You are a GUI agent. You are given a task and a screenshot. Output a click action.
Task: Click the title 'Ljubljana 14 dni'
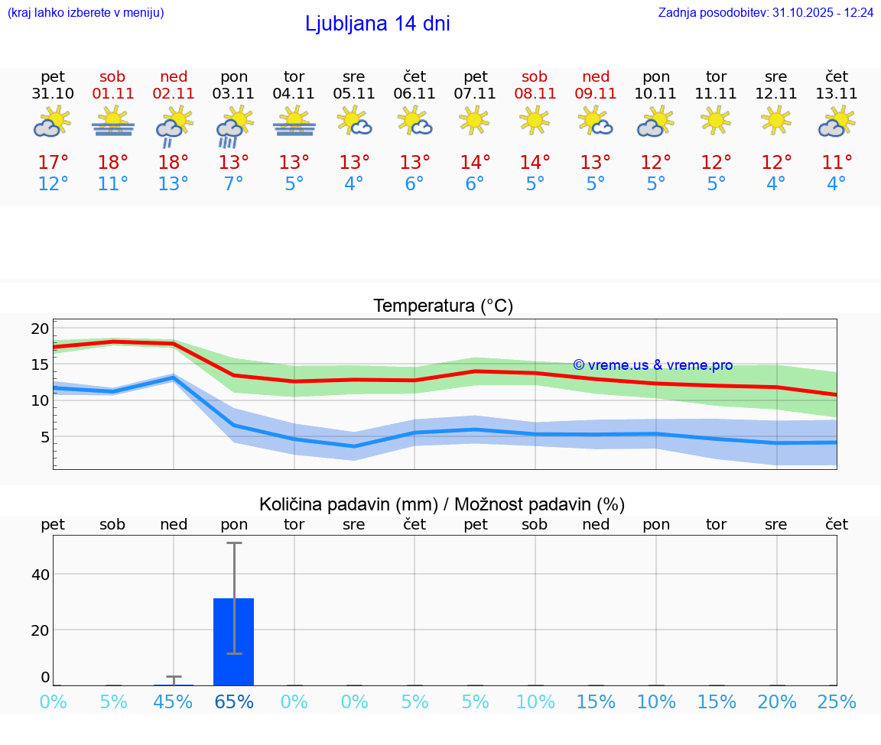pyautogui.click(x=377, y=24)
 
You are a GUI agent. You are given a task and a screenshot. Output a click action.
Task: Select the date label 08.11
pyautogui.click(x=535, y=94)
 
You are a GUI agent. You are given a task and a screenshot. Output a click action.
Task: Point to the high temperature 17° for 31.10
pyautogui.click(x=53, y=163)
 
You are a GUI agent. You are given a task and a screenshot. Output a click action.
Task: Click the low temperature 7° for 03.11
pyautogui.click(x=234, y=184)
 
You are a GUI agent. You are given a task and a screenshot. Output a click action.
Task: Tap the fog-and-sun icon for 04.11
pyautogui.click(x=294, y=121)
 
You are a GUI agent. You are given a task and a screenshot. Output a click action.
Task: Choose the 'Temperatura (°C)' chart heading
pyautogui.click(x=443, y=306)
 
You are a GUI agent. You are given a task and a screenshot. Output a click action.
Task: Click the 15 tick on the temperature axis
pyautogui.click(x=40, y=364)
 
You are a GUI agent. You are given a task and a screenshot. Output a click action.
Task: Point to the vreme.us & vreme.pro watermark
pyautogui.click(x=652, y=365)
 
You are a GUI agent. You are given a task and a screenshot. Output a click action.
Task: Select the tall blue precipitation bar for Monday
pyautogui.click(x=233, y=642)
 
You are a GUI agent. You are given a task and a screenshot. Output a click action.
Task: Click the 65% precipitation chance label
pyautogui.click(x=234, y=702)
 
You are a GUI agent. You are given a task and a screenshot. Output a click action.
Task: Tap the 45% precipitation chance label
pyautogui.click(x=174, y=702)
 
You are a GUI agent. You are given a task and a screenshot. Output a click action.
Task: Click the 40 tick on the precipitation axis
pyautogui.click(x=40, y=574)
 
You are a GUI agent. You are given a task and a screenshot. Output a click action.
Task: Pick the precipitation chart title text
pyautogui.click(x=442, y=504)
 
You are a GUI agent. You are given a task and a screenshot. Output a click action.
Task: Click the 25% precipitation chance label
pyautogui.click(x=837, y=702)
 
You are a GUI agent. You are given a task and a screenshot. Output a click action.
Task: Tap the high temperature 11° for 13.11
pyautogui.click(x=837, y=163)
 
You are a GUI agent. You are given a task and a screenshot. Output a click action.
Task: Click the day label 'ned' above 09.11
pyautogui.click(x=596, y=76)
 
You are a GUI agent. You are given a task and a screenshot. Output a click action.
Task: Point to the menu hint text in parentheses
pyautogui.click(x=86, y=13)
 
